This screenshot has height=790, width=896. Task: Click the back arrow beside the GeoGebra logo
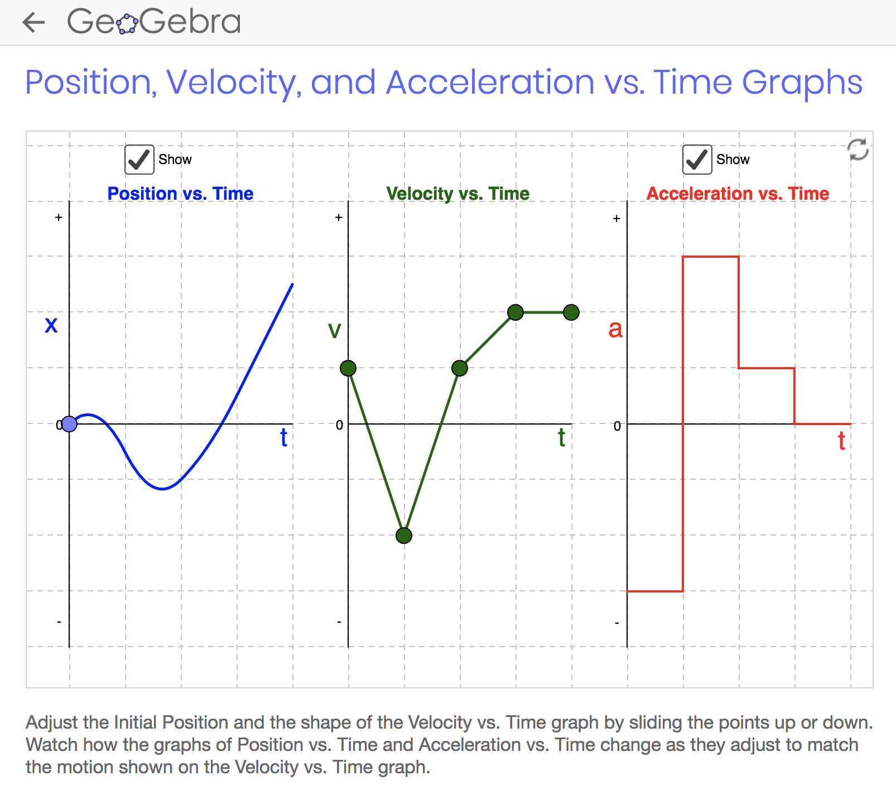point(33,22)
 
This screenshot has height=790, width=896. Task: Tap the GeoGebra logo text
point(154,22)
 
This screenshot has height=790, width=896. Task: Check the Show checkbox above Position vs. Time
point(139,160)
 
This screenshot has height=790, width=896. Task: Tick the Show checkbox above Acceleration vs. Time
point(697,160)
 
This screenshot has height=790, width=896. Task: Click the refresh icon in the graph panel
point(858,150)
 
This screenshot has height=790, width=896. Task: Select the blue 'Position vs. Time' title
point(180,193)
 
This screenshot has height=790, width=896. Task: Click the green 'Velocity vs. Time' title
point(458,193)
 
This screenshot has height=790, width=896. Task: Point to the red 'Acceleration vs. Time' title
point(738,193)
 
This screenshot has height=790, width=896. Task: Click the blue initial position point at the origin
point(69,424)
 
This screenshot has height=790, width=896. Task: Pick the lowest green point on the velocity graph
point(404,536)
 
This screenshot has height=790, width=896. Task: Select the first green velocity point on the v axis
point(348,368)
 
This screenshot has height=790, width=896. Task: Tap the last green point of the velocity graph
point(571,312)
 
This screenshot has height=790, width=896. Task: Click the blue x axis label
point(51,325)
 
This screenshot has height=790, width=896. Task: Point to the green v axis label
point(334,330)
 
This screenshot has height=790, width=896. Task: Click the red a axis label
point(615,329)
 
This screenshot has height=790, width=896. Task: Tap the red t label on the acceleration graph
point(842,441)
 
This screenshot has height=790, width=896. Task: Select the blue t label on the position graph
point(284,437)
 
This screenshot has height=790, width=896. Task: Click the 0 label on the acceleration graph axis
point(617,426)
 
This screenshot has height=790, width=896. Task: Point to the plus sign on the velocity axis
point(339,218)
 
